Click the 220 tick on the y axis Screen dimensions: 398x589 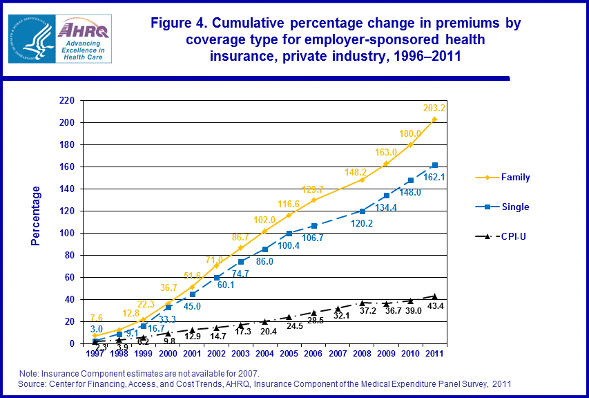point(66,100)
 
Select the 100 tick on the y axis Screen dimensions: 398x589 point(66,233)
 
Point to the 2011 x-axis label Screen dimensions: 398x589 point(434,354)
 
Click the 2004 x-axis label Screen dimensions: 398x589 point(264,354)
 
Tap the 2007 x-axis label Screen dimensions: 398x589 point(337,354)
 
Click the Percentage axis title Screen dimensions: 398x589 point(36,216)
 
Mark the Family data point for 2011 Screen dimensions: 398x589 point(434,120)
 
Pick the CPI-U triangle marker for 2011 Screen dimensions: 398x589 point(434,296)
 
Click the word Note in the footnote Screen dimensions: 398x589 point(30,373)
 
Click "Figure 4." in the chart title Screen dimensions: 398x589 point(182,23)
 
